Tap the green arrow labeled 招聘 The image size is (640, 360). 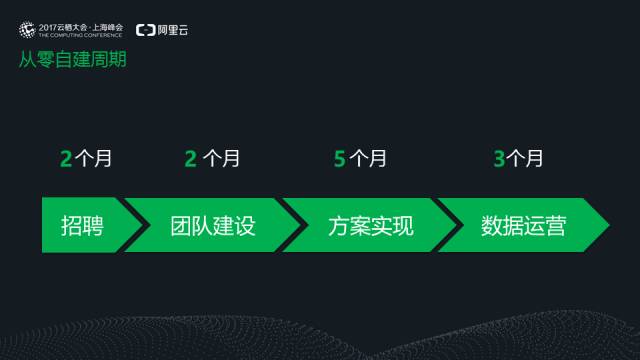pos(82,225)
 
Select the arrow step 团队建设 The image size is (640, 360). pos(212,225)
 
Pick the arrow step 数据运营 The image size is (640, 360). pos(522,225)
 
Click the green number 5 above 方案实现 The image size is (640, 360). pos(340,158)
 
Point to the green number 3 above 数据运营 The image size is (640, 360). pos(499,158)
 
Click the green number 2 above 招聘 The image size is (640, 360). pos(65,158)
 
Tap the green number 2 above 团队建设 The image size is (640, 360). pos(190,158)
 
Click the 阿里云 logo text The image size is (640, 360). pos(173,30)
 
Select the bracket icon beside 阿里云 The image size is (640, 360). pos(145,30)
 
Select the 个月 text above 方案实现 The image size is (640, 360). pos(367,158)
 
